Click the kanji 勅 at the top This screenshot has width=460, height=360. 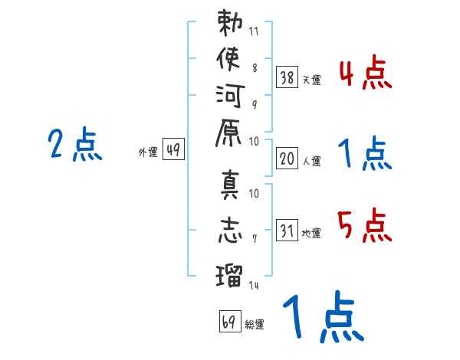(x=230, y=23)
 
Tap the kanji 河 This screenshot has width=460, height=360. (x=230, y=96)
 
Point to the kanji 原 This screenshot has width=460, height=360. (x=228, y=133)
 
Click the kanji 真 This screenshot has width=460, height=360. (x=230, y=185)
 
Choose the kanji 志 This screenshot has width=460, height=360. (x=230, y=230)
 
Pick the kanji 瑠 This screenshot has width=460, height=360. (x=229, y=275)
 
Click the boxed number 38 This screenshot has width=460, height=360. (x=287, y=77)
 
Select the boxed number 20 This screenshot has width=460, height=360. (x=287, y=158)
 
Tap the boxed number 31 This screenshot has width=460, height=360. (x=287, y=230)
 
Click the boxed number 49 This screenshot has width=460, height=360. (x=173, y=149)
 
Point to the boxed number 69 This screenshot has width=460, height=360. (x=230, y=321)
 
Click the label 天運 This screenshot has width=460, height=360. (x=312, y=80)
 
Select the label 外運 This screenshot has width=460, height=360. (x=148, y=152)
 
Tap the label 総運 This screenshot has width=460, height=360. (x=255, y=324)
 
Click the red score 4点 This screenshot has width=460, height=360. (x=366, y=73)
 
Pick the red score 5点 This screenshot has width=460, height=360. (x=365, y=225)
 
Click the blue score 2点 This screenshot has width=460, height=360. (x=75, y=144)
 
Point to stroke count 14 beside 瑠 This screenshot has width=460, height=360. (x=254, y=285)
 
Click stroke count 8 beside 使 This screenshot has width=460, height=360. (x=255, y=67)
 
